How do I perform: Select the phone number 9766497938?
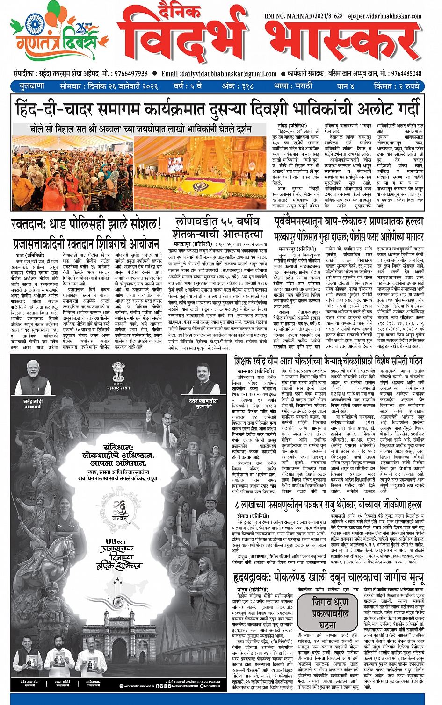(130, 74)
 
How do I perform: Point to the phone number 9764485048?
(406, 74)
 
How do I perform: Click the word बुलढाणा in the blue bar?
(32, 86)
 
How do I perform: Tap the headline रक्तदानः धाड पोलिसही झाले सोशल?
(86, 224)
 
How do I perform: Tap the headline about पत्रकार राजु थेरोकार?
(329, 505)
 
